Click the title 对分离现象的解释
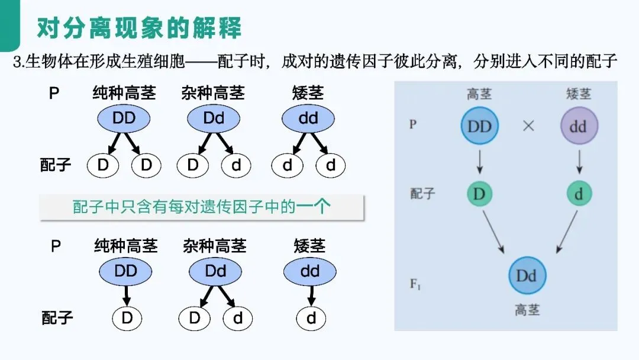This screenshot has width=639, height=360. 139,27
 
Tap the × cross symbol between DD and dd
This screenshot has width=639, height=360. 528,126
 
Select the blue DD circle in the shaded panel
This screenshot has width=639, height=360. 479,126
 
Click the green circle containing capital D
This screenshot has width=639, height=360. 479,193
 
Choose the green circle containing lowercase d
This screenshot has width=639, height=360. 579,193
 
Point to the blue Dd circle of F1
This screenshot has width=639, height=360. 527,275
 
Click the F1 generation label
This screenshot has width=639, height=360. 416,284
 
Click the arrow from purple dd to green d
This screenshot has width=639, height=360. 579,160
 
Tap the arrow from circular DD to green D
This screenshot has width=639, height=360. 479,160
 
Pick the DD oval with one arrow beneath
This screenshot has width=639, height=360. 125,272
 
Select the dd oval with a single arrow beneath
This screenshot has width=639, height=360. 309,272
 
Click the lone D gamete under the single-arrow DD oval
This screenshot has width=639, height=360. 127,318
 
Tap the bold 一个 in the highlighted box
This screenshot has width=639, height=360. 314,207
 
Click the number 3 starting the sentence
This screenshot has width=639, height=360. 17,61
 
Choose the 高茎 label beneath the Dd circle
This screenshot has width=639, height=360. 527,310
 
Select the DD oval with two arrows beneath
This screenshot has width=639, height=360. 124,118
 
